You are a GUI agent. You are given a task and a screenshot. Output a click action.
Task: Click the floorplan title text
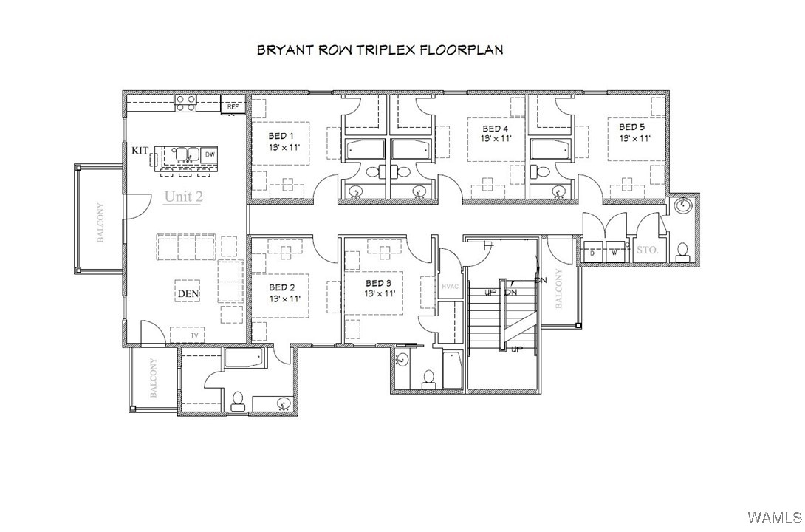(380, 50)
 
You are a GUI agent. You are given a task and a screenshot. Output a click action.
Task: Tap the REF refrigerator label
(233, 107)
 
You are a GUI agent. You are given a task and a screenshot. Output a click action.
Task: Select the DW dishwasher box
(210, 154)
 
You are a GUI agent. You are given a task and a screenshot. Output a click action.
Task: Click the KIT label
(140, 151)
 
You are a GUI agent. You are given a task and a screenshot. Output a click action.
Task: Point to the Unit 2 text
(184, 196)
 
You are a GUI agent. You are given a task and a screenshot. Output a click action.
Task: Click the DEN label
(188, 294)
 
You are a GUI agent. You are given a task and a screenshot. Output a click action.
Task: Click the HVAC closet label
(450, 287)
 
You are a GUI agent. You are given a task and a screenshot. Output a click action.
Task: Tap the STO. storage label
(648, 250)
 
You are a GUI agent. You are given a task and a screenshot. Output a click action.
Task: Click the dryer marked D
(592, 252)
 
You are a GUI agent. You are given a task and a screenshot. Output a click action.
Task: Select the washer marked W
(614, 252)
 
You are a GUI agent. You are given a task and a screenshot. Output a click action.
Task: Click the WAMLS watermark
(775, 516)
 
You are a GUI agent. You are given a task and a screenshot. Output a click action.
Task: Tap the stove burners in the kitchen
(185, 103)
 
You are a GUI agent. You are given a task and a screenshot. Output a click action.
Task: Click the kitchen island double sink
(187, 154)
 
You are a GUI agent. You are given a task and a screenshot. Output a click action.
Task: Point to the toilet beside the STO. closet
(682, 251)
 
